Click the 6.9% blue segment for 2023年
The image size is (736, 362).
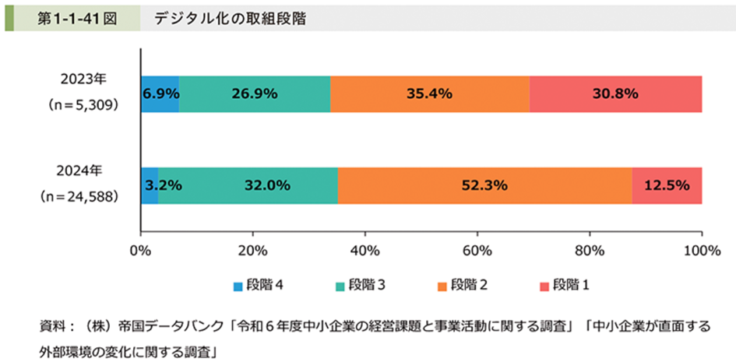(160, 94)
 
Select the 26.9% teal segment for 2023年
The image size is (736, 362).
(255, 94)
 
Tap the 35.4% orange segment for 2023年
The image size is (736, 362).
(429, 94)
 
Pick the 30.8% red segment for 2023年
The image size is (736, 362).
(615, 94)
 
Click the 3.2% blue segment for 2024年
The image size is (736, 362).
(150, 185)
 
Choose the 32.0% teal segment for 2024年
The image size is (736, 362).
(248, 185)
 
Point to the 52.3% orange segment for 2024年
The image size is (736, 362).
(485, 185)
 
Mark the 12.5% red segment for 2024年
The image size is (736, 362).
(667, 185)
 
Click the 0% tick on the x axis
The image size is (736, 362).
(140, 250)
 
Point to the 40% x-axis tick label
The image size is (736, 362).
(364, 250)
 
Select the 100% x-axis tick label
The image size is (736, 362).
(701, 250)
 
